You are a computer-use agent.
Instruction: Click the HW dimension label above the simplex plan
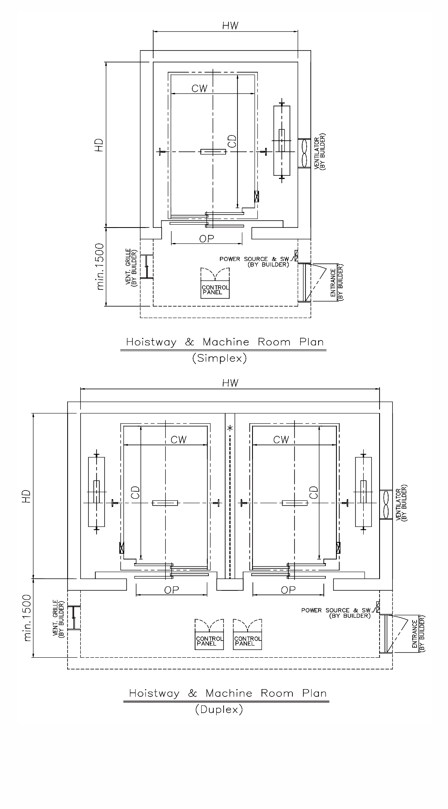(x=230, y=25)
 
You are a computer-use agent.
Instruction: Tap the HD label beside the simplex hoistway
(x=99, y=146)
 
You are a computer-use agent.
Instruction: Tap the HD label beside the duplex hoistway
(x=27, y=496)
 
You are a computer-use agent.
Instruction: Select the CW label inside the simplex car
(x=200, y=88)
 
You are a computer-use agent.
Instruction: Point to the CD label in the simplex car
(x=232, y=141)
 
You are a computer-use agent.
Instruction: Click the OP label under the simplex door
(x=206, y=239)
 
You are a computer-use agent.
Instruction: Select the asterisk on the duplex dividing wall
(x=230, y=428)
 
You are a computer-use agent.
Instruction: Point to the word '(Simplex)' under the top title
(x=219, y=358)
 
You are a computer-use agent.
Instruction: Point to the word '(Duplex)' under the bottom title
(x=219, y=710)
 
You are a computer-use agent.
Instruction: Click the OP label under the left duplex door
(x=171, y=590)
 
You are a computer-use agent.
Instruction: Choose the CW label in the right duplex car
(x=281, y=440)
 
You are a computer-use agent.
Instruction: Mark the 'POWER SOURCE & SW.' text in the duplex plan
(x=336, y=610)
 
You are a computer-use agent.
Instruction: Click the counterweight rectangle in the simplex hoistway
(x=282, y=141)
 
